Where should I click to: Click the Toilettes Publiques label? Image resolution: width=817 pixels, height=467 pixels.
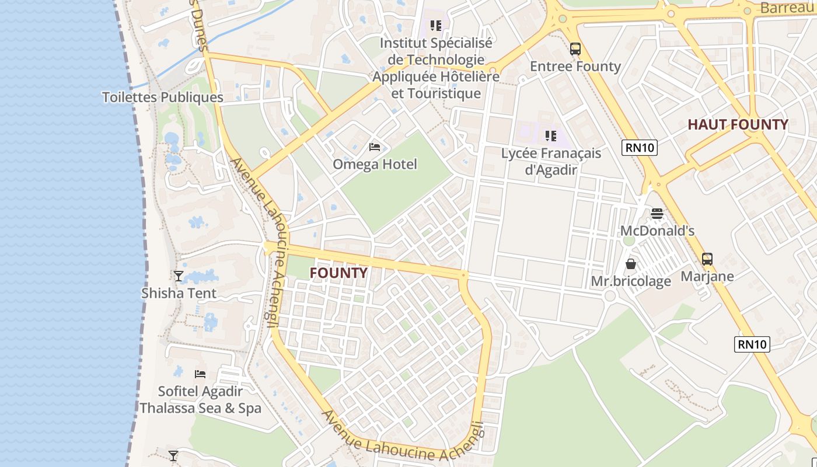[162, 97]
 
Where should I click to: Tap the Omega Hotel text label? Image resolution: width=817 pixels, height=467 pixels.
[375, 165]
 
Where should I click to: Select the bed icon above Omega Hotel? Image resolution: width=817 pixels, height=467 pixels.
[375, 147]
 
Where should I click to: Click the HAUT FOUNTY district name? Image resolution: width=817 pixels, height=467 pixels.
[738, 124]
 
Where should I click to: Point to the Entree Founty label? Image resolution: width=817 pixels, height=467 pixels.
[575, 67]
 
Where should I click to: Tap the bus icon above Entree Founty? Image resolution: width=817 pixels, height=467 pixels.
[575, 49]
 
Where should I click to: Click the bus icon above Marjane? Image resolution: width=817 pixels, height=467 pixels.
[707, 259]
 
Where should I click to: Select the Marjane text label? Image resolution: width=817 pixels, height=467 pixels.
[707, 276]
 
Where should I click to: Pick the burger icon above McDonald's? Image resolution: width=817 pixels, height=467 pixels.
[657, 214]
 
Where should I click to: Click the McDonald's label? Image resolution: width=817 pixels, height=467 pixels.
[657, 231]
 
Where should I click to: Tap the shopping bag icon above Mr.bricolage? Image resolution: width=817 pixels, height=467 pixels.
[631, 264]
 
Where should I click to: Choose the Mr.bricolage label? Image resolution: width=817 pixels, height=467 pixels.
[631, 281]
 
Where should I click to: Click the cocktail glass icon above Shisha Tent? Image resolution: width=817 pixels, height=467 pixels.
[179, 276]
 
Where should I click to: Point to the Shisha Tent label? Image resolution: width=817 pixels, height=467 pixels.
[179, 293]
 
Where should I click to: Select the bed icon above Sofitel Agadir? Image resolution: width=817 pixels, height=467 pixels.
[200, 374]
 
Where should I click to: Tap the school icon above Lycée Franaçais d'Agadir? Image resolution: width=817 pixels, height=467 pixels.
[550, 136]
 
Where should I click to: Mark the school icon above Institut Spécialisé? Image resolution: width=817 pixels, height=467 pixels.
[435, 25]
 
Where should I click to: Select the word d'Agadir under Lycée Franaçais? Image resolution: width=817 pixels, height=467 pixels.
[551, 170]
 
